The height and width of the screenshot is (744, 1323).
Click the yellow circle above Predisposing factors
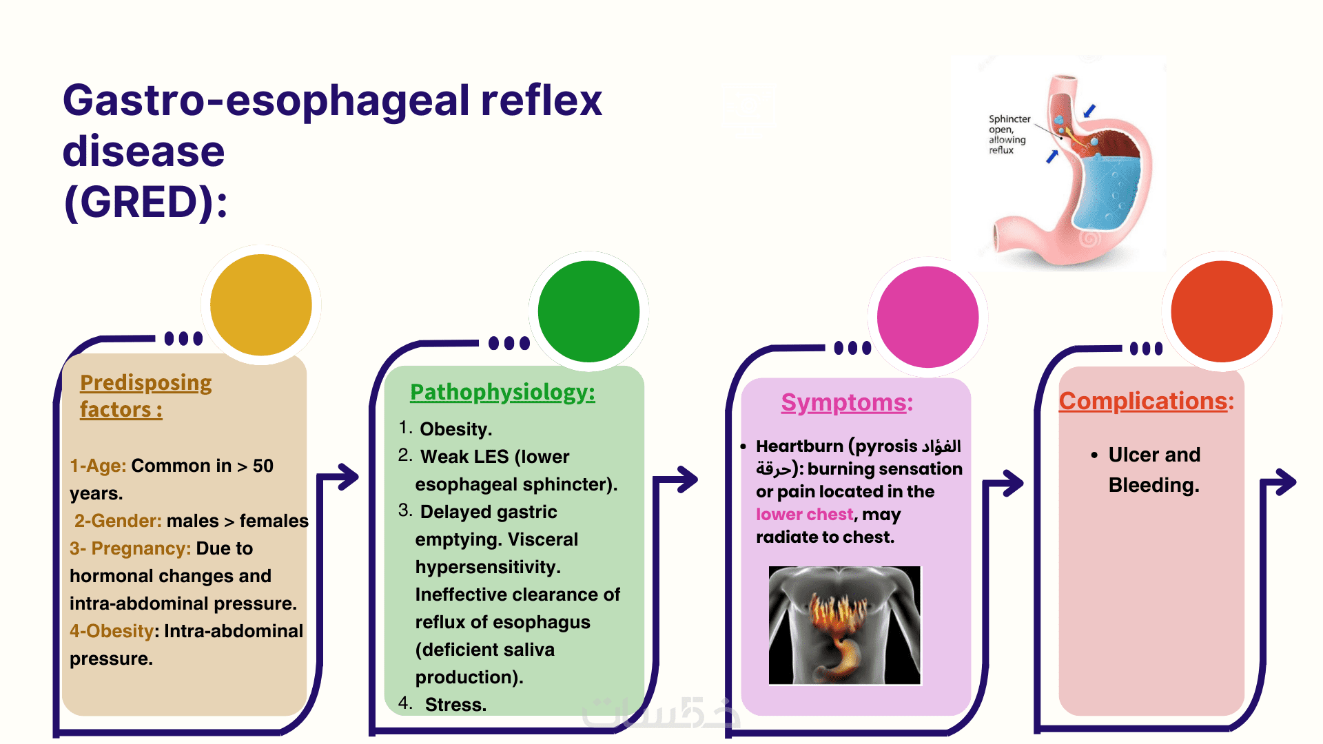[x=260, y=304]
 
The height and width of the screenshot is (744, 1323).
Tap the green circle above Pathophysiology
[x=588, y=311]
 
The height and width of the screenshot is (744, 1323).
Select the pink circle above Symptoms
[x=927, y=317]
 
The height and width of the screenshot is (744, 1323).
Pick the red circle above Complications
[x=1222, y=311]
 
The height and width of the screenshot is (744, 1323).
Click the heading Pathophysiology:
[x=502, y=392]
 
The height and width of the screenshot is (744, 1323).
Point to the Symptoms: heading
[x=847, y=402]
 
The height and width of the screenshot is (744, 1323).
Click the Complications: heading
[x=1146, y=401]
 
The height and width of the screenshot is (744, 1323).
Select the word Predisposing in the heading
[x=145, y=382]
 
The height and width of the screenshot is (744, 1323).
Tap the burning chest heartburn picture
[x=845, y=626]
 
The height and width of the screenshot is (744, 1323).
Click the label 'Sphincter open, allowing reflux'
[x=1008, y=134]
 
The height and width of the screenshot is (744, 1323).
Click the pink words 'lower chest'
[x=804, y=515]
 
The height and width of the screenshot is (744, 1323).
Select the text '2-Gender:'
[x=117, y=521]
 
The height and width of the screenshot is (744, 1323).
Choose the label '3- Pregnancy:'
[x=130, y=548]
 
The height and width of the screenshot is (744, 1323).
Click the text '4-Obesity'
[x=112, y=631]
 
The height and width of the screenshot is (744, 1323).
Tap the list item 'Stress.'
[x=455, y=705]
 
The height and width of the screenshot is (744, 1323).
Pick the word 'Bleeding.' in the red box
[x=1153, y=485]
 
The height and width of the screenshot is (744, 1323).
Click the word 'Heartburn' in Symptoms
[x=799, y=446]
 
